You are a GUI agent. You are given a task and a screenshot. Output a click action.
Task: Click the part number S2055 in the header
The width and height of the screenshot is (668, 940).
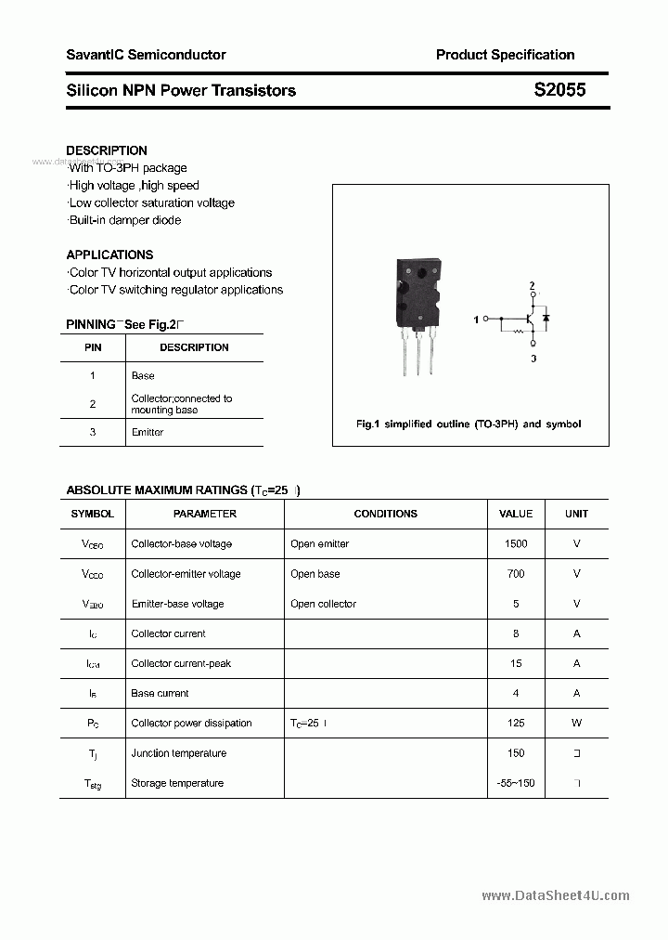(559, 91)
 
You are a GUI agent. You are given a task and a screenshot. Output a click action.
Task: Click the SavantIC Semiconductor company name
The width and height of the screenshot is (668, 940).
(146, 55)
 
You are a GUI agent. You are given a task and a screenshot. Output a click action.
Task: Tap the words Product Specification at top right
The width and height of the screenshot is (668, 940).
(505, 55)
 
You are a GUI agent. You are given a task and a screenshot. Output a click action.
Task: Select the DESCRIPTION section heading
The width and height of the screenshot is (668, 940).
(107, 150)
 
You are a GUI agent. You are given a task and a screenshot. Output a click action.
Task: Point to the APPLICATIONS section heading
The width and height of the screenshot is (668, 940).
(109, 255)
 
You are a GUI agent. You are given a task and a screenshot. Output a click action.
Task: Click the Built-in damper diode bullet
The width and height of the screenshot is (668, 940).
(125, 220)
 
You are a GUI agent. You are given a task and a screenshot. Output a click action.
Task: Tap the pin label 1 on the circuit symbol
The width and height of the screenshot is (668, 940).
(476, 320)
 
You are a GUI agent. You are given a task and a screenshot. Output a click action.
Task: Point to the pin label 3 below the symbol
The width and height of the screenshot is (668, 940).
(533, 358)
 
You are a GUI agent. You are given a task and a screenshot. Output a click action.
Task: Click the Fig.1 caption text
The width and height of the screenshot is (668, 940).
(469, 424)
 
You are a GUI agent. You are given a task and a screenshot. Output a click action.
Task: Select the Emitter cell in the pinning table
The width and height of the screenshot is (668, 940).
(148, 432)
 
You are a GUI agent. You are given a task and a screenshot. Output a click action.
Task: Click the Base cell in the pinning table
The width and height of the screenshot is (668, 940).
(143, 375)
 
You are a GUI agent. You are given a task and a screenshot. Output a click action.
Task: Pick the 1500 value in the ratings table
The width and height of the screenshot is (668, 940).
(516, 543)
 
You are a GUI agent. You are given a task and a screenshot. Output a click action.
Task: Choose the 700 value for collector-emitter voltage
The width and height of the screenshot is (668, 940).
(516, 574)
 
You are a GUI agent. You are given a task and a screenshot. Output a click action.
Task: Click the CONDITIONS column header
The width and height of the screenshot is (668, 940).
(385, 514)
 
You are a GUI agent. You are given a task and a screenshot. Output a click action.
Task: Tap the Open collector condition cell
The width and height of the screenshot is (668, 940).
(323, 604)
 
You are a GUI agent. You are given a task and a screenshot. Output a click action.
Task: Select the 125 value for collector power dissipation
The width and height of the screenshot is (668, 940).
(516, 723)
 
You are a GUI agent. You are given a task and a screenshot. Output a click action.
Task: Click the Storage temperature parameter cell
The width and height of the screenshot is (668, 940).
(177, 783)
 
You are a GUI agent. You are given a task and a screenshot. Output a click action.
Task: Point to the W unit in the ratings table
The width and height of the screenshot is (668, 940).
(576, 723)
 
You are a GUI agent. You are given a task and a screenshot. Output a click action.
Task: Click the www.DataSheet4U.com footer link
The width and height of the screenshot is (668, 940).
(556, 895)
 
